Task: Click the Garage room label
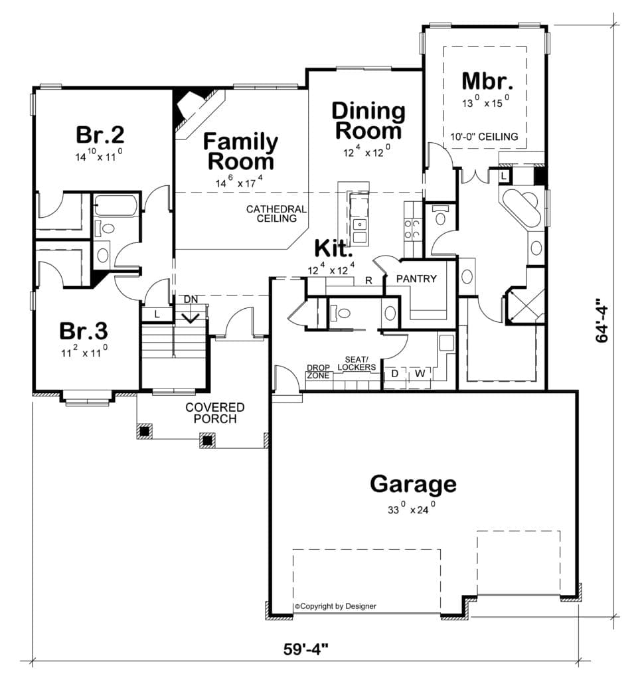(413, 484)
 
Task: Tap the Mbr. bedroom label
(487, 81)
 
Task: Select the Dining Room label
(368, 121)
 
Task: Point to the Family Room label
(240, 151)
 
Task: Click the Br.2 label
(100, 134)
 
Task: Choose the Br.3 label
(84, 331)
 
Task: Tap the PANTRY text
(416, 279)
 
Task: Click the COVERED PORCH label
(215, 413)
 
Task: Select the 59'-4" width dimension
(306, 649)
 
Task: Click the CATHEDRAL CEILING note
(276, 214)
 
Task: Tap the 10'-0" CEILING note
(484, 137)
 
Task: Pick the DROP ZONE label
(318, 372)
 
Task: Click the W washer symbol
(420, 373)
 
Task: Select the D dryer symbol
(394, 373)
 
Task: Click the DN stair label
(191, 299)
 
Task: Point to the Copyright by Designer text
(335, 606)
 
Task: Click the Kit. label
(333, 248)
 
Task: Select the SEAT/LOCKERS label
(357, 363)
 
